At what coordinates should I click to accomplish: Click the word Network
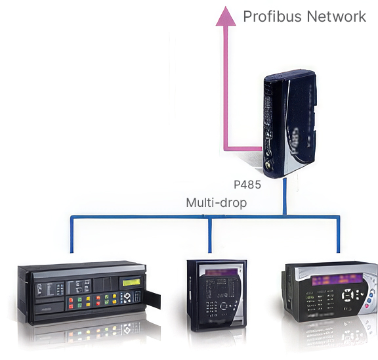pyautogui.click(x=337, y=16)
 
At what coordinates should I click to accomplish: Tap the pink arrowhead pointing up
pyautogui.click(x=226, y=16)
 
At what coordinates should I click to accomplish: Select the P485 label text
pyautogui.click(x=247, y=185)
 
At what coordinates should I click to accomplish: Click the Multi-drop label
pyautogui.click(x=217, y=203)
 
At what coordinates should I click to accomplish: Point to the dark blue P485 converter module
pyautogui.click(x=290, y=124)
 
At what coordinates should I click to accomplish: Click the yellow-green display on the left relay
pyautogui.click(x=131, y=282)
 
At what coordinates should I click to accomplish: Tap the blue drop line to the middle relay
pyautogui.click(x=210, y=235)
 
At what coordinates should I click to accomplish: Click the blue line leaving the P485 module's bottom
pyautogui.click(x=285, y=197)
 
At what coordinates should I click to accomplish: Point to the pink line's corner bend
pyautogui.click(x=226, y=149)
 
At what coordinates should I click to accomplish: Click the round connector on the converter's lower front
pyautogui.click(x=267, y=165)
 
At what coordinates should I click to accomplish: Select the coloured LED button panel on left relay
pyautogui.click(x=93, y=301)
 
